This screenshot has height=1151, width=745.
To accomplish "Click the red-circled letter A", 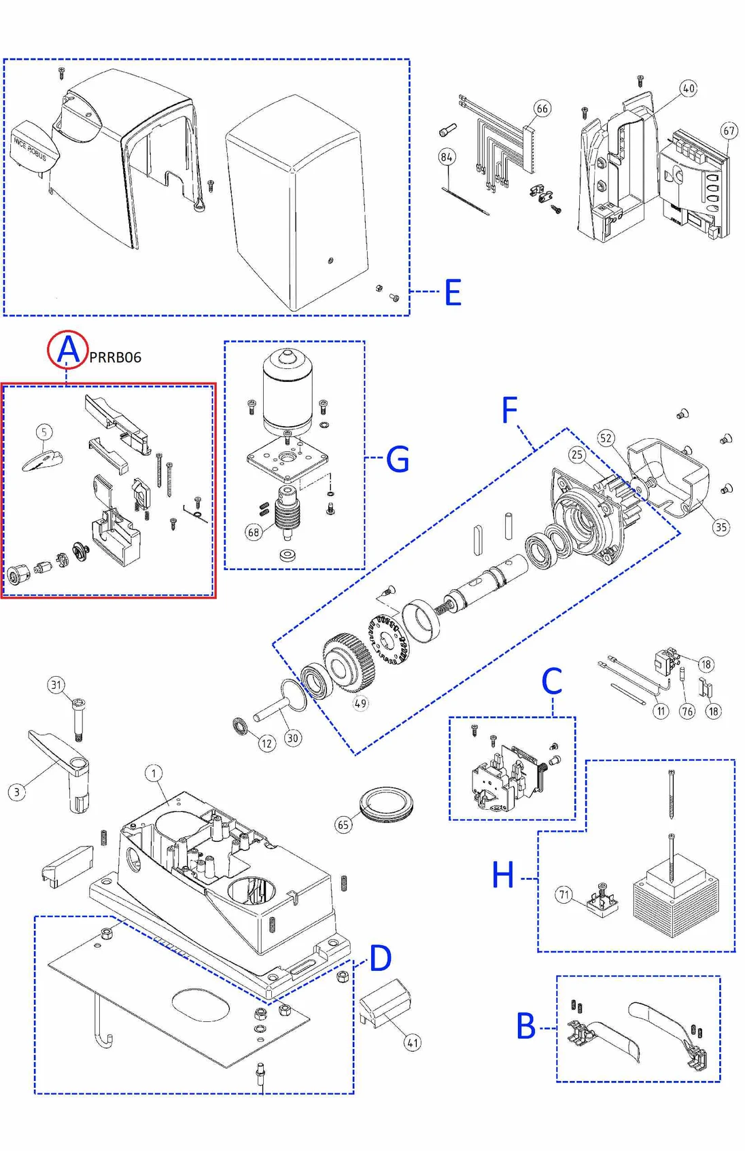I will click(67, 350).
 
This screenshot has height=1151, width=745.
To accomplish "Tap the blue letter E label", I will click(453, 293).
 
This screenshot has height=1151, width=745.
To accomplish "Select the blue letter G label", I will click(398, 459).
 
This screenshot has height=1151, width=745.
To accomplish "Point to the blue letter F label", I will click(509, 410).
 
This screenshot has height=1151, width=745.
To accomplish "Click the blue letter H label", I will click(503, 874).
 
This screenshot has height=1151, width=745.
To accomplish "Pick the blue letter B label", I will click(525, 1026).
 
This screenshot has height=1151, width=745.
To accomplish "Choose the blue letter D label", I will click(380, 958).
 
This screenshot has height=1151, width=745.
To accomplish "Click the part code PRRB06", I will click(116, 357).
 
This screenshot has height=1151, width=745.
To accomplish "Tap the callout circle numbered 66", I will click(542, 109).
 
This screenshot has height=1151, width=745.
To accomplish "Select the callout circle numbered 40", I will click(689, 88).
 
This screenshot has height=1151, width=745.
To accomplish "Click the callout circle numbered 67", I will click(729, 131).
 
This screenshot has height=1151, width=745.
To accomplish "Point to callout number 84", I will click(447, 158).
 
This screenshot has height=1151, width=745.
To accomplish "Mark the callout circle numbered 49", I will click(360, 703).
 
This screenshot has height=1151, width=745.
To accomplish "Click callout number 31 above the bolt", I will click(56, 685).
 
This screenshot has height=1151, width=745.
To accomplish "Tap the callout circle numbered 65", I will click(343, 825).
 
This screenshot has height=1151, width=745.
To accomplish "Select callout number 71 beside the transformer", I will click(564, 894).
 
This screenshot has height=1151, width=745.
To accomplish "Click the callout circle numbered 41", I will click(412, 1042).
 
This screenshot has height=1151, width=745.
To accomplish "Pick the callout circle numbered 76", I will click(687, 711).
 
